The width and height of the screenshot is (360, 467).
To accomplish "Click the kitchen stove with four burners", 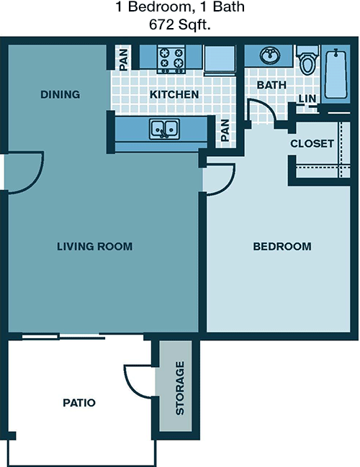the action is pos(171,59).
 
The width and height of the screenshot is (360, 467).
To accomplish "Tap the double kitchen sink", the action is pos(164,129).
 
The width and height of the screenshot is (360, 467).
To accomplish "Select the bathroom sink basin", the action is pos(270,55).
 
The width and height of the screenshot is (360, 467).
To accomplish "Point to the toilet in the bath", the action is pos(307,60).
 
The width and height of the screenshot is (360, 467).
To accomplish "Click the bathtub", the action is pos(336,73).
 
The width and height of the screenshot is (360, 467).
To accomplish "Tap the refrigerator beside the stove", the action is pos(220,60).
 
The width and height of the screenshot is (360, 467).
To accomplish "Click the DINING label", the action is pos(60,94).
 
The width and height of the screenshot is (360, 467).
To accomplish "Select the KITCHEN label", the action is pos(174,94).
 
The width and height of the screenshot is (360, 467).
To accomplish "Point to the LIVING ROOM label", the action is pos(95,246).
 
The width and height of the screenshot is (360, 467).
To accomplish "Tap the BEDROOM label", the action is pos(282,246).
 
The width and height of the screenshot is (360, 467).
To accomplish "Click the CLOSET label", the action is pos(312,144).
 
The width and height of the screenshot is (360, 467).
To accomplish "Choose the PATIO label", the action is pos(79,403).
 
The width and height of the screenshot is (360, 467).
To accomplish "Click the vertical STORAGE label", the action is pos(180,388).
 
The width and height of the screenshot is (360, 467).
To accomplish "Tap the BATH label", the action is pos(271,85).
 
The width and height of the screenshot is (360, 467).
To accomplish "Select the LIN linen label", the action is pos(307,99).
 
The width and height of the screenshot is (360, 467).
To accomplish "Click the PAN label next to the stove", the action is pos(123,60).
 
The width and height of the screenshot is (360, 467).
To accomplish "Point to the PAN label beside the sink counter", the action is pos(225,130).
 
